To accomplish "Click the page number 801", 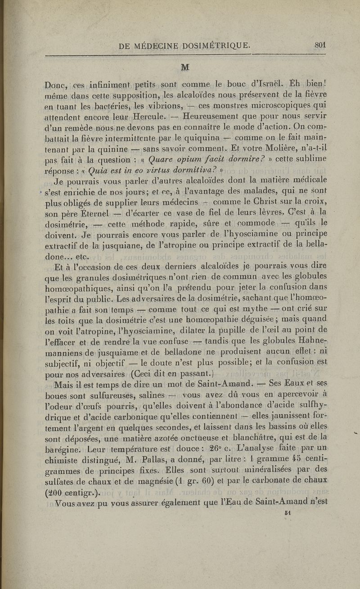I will click(x=320, y=45).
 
